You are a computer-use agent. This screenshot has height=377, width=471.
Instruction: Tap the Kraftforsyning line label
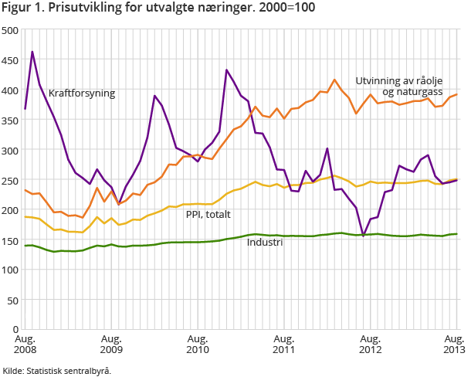81,93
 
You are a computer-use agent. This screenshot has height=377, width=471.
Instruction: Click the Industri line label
264,243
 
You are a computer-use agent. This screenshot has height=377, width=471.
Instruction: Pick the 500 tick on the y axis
11,30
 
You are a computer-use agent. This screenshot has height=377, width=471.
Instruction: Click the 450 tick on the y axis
11,60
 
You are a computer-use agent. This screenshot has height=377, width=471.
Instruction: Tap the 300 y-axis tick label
11,150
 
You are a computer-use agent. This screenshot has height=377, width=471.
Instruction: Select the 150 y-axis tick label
11,239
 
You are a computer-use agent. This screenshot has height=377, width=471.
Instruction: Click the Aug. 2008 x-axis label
25,345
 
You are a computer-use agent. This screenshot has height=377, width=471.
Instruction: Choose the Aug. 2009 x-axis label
112,345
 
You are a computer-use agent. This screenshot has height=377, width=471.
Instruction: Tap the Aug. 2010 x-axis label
198,345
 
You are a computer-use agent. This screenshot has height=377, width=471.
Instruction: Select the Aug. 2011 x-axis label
285,345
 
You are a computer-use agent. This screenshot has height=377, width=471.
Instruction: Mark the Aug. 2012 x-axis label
371,345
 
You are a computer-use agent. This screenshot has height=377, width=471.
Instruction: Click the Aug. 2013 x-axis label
454,345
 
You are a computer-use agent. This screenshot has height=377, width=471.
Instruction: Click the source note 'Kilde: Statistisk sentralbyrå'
57,371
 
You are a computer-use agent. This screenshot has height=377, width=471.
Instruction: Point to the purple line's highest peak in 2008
32,52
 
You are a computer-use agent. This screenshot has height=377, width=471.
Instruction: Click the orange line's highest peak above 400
334,80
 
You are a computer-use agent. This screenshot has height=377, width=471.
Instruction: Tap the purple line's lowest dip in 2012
363,235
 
